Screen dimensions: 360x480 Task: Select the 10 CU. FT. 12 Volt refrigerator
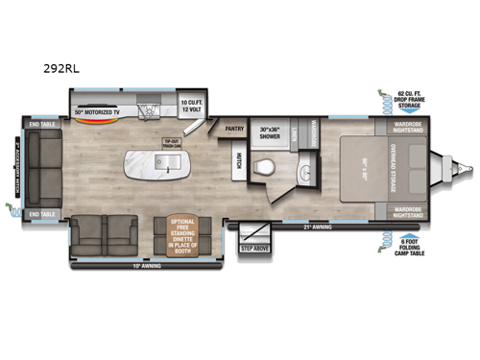(197, 104)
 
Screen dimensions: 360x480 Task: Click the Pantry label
(233, 127)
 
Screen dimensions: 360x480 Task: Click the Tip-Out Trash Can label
(173, 144)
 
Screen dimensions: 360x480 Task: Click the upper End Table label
(40, 123)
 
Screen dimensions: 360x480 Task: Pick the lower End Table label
(40, 213)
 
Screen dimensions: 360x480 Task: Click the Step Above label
(253, 248)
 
